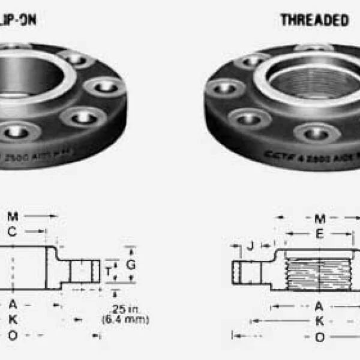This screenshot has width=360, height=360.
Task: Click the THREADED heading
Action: [x=314, y=20]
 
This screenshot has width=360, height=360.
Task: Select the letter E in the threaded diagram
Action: [x=320, y=235]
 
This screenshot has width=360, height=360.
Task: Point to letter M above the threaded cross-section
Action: [x=320, y=219]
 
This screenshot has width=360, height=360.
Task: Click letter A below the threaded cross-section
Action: [x=319, y=306]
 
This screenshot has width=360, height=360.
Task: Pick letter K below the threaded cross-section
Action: [x=319, y=322]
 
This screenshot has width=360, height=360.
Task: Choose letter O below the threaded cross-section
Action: [x=320, y=337]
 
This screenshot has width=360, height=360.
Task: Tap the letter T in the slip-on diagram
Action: [x=108, y=272]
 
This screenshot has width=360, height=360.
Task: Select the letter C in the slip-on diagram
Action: [x=12, y=231]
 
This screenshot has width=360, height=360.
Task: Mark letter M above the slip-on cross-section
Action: [x=13, y=215]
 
